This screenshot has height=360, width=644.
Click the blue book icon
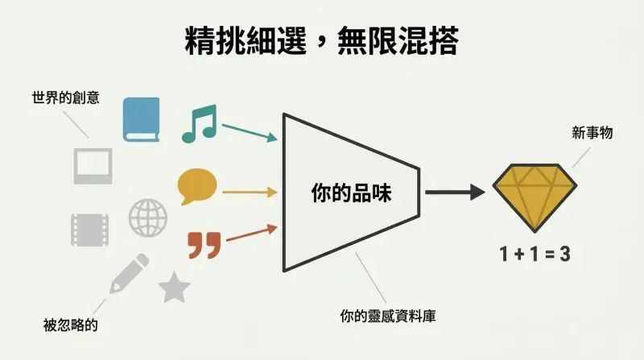(142, 119)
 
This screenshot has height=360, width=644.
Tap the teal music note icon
(200, 123)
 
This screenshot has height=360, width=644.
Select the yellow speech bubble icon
(197, 186)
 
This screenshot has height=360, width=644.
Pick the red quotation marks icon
(204, 246)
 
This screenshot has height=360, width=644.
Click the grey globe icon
(148, 217)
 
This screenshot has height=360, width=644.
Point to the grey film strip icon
(90, 230)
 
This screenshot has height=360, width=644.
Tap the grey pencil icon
(129, 274)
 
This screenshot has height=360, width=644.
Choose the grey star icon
(174, 288)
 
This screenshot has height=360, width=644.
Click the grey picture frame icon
(93, 166)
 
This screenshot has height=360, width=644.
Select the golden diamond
(535, 197)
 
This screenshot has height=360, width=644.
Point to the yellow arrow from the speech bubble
(250, 192)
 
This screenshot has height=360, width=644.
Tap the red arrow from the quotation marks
(252, 233)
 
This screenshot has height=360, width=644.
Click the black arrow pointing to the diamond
(455, 192)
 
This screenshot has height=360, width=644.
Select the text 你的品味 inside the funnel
(352, 192)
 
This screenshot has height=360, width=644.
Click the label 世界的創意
(66, 97)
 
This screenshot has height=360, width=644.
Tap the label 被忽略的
(71, 325)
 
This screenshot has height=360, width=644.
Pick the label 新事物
(592, 133)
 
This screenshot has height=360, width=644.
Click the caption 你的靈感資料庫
(388, 316)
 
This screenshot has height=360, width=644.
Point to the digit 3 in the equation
(565, 254)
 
